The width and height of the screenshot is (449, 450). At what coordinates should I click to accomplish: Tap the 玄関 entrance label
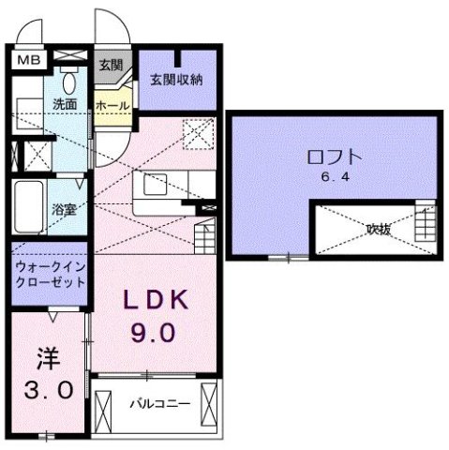(x=111, y=65)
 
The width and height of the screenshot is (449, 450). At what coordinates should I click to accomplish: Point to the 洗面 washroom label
(x=64, y=104)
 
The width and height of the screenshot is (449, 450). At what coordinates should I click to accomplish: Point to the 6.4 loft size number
(x=336, y=177)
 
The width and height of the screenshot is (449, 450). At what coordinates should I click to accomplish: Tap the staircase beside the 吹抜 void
(x=427, y=225)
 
